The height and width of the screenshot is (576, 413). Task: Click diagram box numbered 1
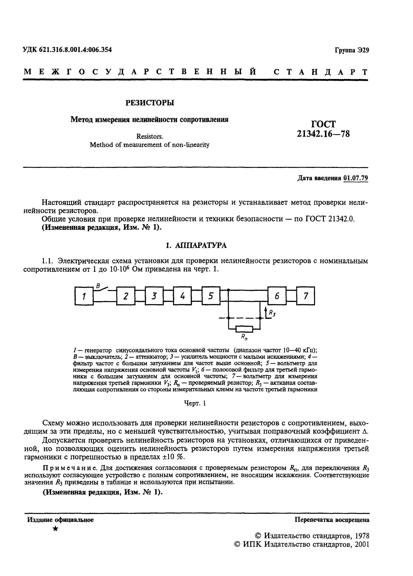coord(84,296)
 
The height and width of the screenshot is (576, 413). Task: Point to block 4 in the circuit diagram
coord(182,296)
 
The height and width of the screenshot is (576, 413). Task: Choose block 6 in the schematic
coord(277,296)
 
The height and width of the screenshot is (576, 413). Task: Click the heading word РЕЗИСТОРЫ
coord(150,103)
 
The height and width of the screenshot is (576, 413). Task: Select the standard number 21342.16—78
coord(323,134)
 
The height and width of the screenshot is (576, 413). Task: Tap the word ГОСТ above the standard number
coord(323,124)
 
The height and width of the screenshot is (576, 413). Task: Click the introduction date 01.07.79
coord(355,178)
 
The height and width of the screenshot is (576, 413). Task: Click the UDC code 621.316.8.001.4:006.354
coord(75,50)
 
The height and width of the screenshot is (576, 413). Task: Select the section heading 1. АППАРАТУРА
coord(196,245)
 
